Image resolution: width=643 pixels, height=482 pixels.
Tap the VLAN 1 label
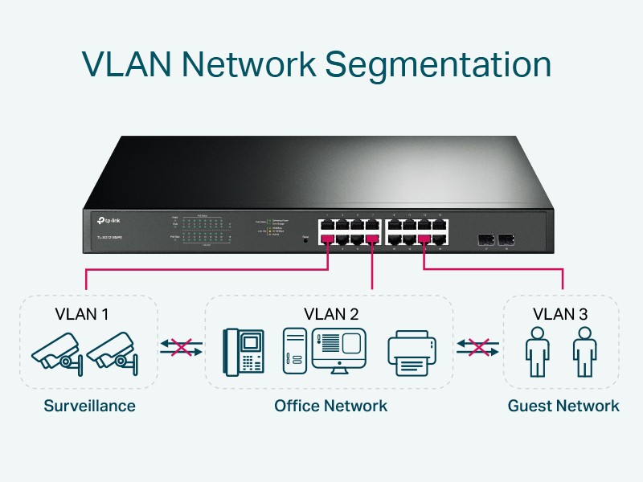(81, 312)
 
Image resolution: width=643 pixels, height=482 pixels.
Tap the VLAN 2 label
(331, 312)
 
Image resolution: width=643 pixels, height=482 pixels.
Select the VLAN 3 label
(560, 312)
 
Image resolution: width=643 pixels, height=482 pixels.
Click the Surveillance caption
(89, 406)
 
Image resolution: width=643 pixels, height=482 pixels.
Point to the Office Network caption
(330, 406)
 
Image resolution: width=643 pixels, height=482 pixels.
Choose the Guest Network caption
(563, 406)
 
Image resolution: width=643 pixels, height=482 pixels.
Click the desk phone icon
(244, 352)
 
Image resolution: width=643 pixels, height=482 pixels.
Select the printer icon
(413, 353)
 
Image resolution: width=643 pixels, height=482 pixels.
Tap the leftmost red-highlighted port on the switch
(327, 238)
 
